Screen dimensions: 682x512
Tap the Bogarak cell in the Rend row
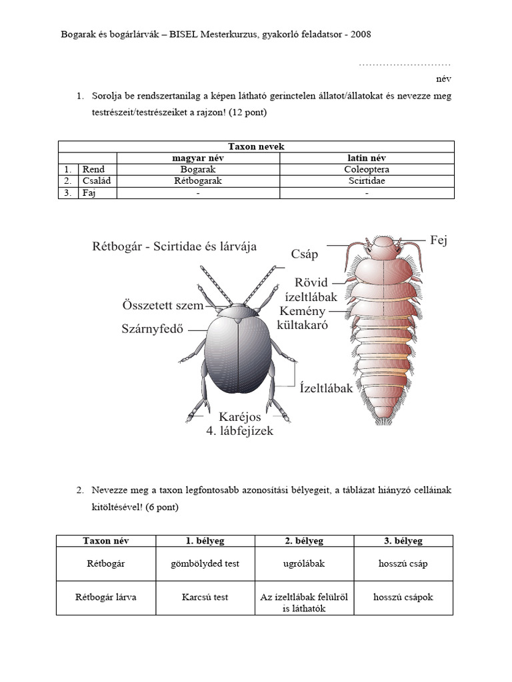click(x=198, y=169)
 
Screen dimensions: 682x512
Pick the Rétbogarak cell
click(x=198, y=180)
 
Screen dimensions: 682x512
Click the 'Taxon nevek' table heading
click(x=256, y=147)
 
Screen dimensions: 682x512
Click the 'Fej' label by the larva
click(x=438, y=240)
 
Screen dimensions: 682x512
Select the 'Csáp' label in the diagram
click(x=305, y=254)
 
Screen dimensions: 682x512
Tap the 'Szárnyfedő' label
click(x=152, y=328)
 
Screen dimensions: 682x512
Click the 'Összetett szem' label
click(x=163, y=305)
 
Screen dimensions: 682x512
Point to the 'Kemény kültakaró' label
click(x=303, y=319)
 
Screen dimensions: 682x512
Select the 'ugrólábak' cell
click(x=305, y=563)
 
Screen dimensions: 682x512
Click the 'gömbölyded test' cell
click(x=205, y=563)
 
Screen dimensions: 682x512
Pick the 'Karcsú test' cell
click(x=205, y=597)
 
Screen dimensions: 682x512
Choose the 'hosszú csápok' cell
click(x=404, y=597)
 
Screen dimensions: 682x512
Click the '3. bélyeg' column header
click(x=404, y=541)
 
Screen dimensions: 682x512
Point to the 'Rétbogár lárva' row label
click(x=106, y=597)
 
